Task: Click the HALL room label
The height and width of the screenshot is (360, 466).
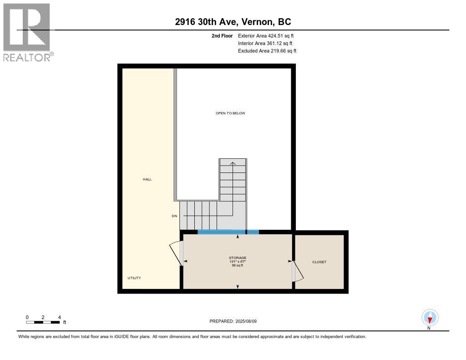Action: [147, 179]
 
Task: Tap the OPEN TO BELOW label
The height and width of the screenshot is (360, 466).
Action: [230, 113]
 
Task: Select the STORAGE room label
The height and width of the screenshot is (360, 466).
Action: [238, 258]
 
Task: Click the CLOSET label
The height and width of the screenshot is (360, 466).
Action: [319, 262]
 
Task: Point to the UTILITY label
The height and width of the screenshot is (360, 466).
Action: [134, 278]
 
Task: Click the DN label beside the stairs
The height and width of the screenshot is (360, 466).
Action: [174, 216]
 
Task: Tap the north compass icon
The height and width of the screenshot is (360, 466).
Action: [430, 318]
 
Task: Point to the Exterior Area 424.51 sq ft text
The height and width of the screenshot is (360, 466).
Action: [266, 35]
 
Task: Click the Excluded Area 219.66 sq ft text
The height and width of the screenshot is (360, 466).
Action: [267, 51]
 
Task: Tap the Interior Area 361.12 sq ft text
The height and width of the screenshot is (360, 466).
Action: [265, 43]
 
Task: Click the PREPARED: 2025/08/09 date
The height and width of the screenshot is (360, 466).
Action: [233, 321]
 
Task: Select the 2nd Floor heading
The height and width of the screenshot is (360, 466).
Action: [222, 35]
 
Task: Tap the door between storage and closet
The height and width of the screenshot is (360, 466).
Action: [298, 271]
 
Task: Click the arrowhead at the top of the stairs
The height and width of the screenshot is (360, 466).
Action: [233, 163]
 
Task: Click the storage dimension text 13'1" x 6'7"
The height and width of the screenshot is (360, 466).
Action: [238, 262]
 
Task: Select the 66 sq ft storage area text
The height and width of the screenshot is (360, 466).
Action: [238, 265]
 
